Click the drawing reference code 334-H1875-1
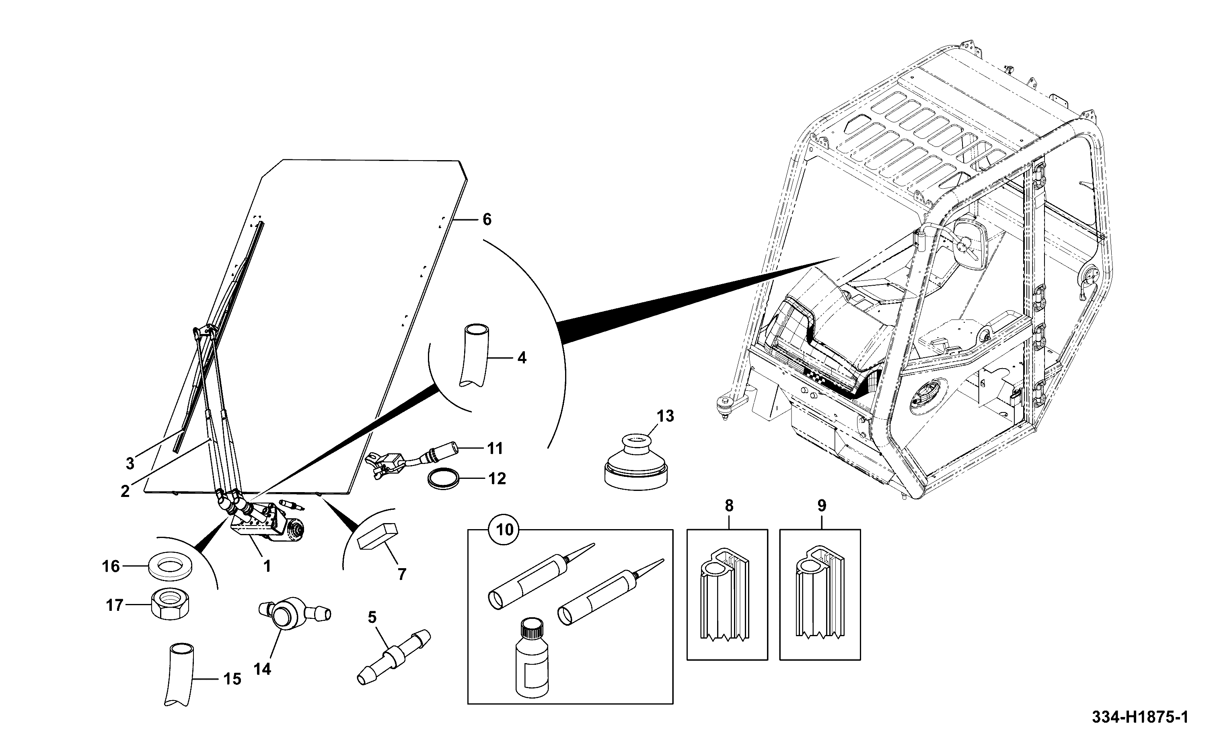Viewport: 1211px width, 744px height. point(1140,717)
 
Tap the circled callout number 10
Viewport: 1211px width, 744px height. point(504,530)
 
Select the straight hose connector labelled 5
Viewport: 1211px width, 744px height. point(393,657)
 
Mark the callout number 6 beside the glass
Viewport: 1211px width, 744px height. point(487,219)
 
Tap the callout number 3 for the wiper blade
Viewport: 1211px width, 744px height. point(130,463)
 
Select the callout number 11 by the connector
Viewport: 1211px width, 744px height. point(495,448)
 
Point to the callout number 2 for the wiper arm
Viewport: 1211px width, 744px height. point(125,491)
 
